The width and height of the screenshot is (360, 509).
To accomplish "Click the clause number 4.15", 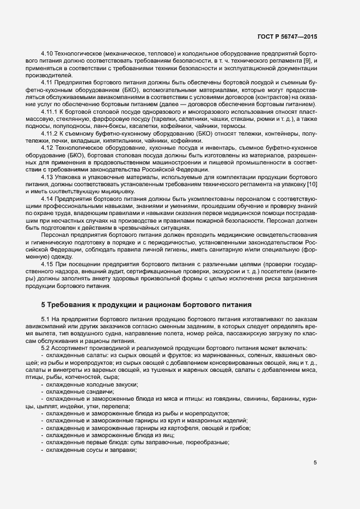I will point(48,264).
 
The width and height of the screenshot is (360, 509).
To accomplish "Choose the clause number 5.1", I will point(46,318).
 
